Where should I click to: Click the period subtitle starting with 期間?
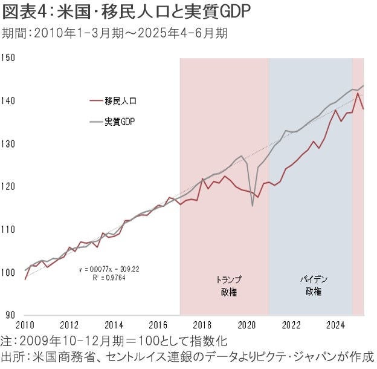pos(115,33)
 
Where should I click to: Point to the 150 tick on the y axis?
pos(8,58)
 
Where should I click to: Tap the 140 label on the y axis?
pos(8,101)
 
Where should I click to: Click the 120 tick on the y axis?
pos(8,187)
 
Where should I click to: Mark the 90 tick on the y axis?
pos(10,315)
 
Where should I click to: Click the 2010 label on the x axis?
pos(25,324)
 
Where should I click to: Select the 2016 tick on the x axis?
pos(158,324)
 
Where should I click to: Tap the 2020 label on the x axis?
pos(246,324)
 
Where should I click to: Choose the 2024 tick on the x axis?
pos(335,324)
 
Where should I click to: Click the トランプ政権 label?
pos(228,285)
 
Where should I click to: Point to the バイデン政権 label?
pos(312,285)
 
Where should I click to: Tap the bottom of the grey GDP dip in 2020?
pos(252,206)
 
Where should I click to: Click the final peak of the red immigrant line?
pos(358,93)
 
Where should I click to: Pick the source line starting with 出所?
pos(187,357)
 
